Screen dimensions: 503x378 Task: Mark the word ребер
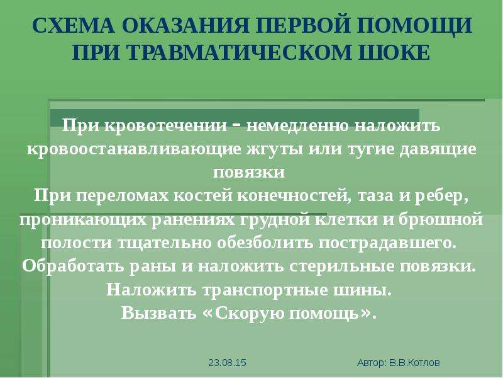click(x=442, y=197)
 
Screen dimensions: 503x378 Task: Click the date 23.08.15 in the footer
click(x=227, y=363)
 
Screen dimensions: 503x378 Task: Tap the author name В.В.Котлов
click(x=414, y=363)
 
